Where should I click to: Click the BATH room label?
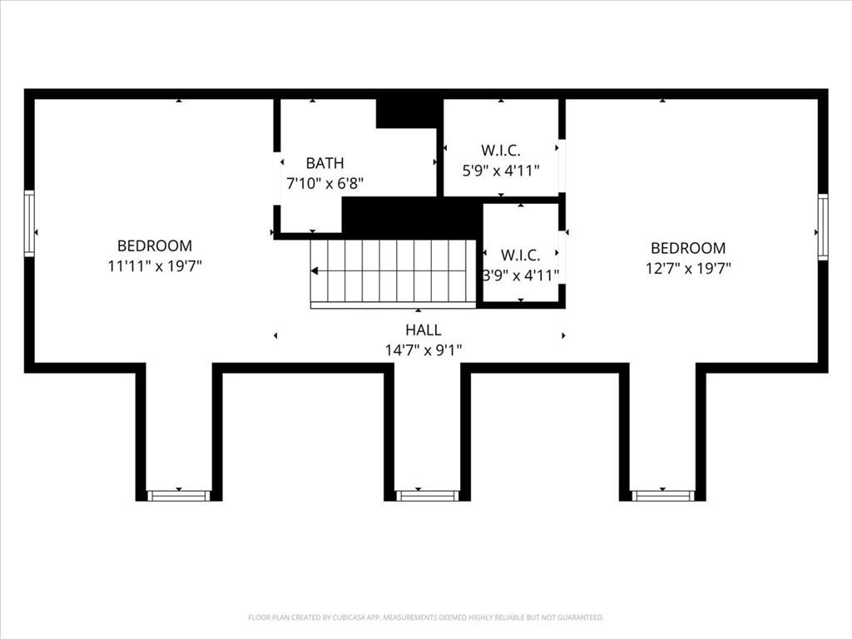point(324,163)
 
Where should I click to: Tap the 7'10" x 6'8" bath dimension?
point(324,183)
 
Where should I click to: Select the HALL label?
point(424,330)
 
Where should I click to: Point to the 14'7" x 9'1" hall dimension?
point(424,350)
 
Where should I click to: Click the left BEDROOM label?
point(155,245)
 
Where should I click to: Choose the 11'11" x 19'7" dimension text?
point(155,266)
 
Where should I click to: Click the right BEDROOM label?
point(688,248)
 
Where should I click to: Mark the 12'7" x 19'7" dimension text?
point(688,268)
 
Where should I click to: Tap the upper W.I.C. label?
point(501,151)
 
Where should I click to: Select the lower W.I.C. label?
point(521,255)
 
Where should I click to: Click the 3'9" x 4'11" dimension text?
point(521,275)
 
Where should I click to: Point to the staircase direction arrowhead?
point(315,270)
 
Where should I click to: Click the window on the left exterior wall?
point(29,223)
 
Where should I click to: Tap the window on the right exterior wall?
point(823,226)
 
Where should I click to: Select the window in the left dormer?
point(178,496)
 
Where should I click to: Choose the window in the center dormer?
point(427,496)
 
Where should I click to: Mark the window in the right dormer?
point(662,496)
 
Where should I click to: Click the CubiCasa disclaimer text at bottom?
point(426,617)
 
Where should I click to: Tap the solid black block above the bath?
point(408,112)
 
